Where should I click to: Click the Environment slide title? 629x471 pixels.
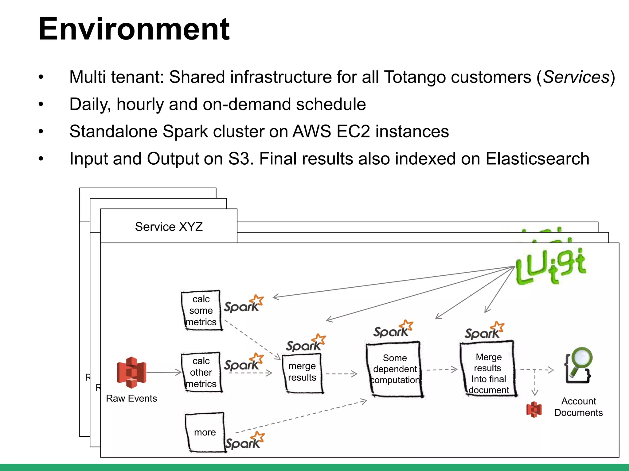[134, 29]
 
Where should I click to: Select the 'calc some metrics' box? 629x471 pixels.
[201, 310]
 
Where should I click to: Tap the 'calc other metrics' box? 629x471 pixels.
[201, 372]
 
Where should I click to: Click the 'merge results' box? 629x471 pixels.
[302, 372]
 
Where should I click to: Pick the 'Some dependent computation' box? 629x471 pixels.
[395, 369]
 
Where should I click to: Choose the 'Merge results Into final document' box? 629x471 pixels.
[488, 369]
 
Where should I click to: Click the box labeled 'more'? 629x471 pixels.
[205, 432]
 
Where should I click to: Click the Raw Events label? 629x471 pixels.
[131, 398]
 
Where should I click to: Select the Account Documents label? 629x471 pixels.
[578, 407]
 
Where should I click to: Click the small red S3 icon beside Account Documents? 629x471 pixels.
[534, 409]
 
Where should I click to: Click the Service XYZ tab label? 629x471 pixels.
[169, 227]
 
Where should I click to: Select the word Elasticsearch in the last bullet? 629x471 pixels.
[537, 159]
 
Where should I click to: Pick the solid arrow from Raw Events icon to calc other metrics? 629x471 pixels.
[164, 373]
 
